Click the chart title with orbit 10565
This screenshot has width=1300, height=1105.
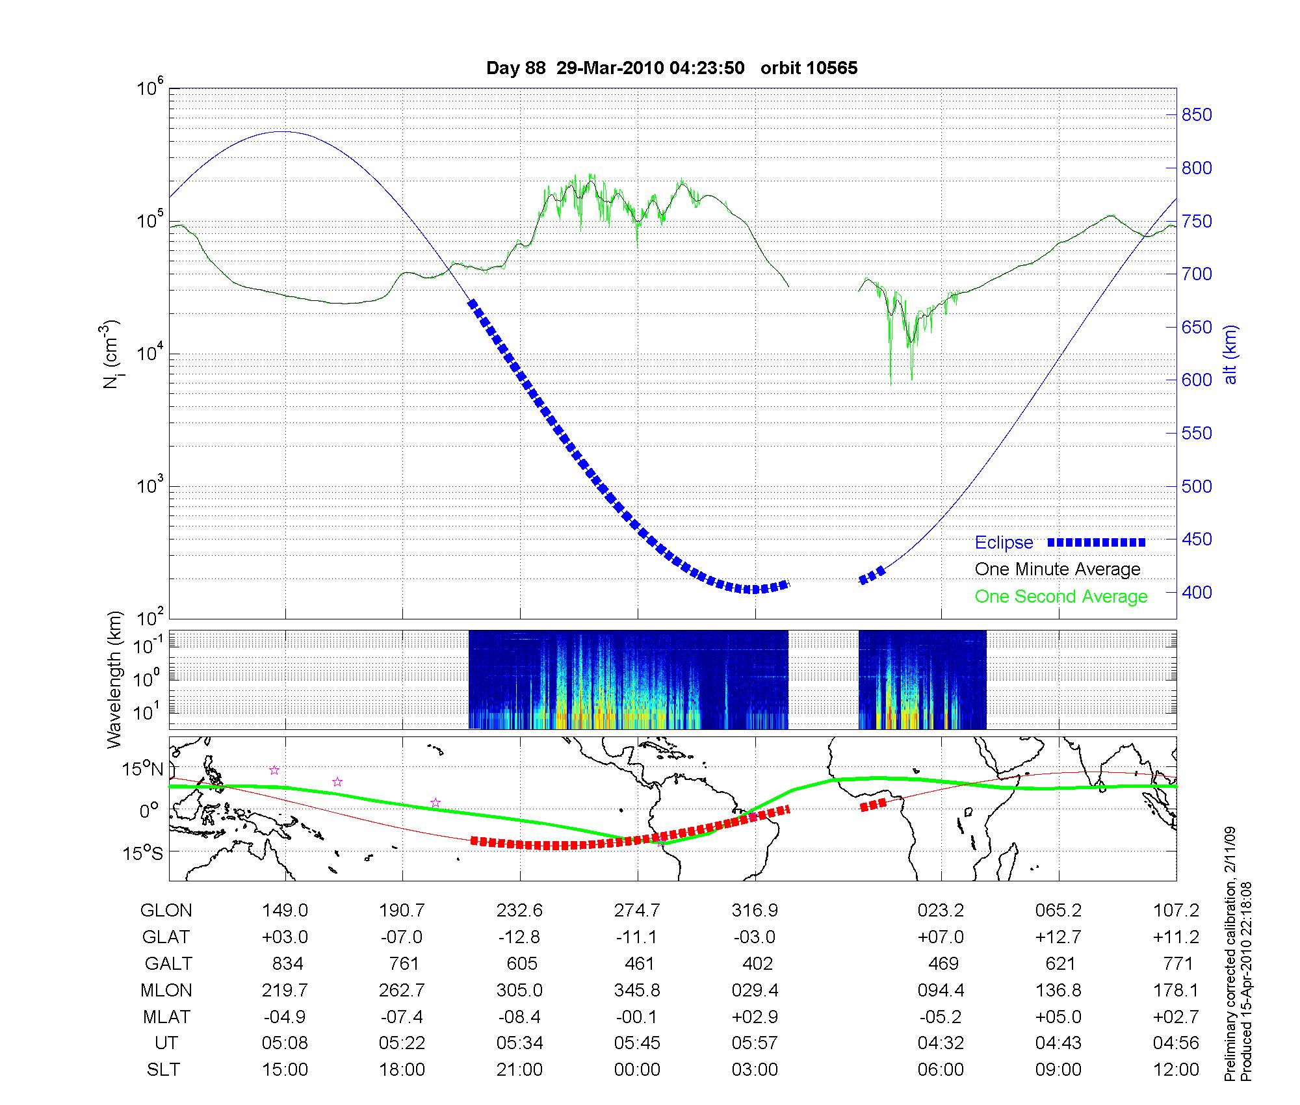pyautogui.click(x=671, y=68)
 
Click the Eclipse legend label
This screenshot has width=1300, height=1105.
pyautogui.click(x=1004, y=542)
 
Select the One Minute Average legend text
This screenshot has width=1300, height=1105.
pyautogui.click(x=1058, y=569)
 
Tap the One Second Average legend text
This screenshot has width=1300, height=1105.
pyautogui.click(x=1061, y=597)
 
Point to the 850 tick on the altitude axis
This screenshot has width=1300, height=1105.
pyautogui.click(x=1197, y=115)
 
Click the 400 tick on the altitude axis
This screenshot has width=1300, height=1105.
pyautogui.click(x=1197, y=592)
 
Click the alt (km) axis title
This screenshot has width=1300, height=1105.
pyautogui.click(x=1230, y=355)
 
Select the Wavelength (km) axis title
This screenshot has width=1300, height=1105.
pyautogui.click(x=114, y=680)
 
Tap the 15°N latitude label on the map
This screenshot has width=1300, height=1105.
pyautogui.click(x=143, y=770)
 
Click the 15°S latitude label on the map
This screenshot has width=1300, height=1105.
pyautogui.click(x=143, y=852)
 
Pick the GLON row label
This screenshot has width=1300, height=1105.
pyautogui.click(x=166, y=911)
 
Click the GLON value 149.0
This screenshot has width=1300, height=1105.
pyautogui.click(x=285, y=911)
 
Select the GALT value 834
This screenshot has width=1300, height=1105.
pyautogui.click(x=287, y=963)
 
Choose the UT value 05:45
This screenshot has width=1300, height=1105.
pyautogui.click(x=637, y=1043)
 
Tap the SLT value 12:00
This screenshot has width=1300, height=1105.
pyautogui.click(x=1176, y=1070)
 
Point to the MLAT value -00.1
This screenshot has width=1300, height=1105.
pyautogui.click(x=637, y=1017)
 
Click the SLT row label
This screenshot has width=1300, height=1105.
pyautogui.click(x=163, y=1070)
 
